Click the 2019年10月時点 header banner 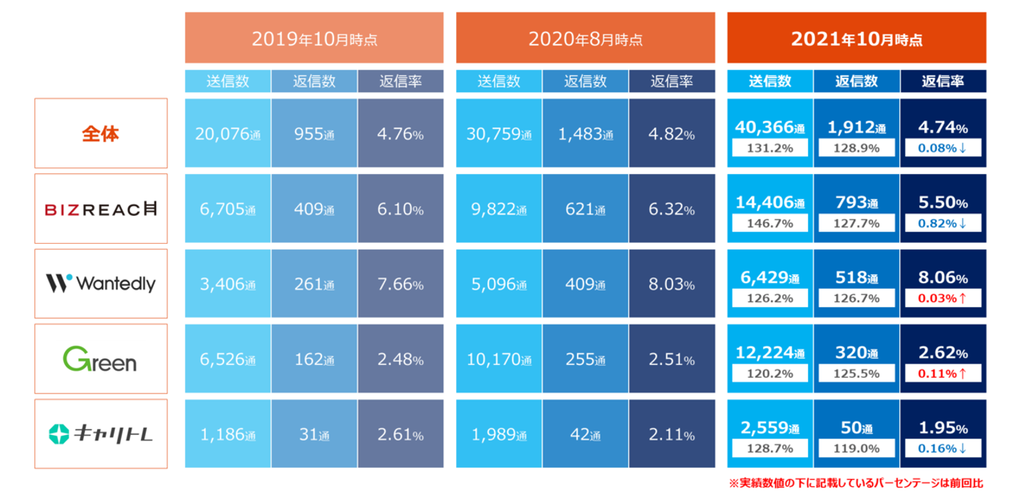(x=314, y=38)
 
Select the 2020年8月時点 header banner (x=585, y=38)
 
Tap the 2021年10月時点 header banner (x=856, y=38)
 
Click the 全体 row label (x=100, y=133)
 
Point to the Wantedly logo (x=100, y=284)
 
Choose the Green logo (x=100, y=359)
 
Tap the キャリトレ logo (x=100, y=434)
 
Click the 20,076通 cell (x=227, y=133)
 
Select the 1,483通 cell (x=585, y=133)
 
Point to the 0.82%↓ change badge (x=943, y=222)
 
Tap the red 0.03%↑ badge (x=943, y=298)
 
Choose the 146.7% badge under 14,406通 (x=769, y=222)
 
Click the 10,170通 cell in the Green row (x=499, y=359)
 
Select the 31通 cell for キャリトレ (x=314, y=434)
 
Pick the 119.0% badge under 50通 (x=856, y=448)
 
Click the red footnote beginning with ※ (x=856, y=483)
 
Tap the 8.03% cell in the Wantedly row (x=671, y=284)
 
